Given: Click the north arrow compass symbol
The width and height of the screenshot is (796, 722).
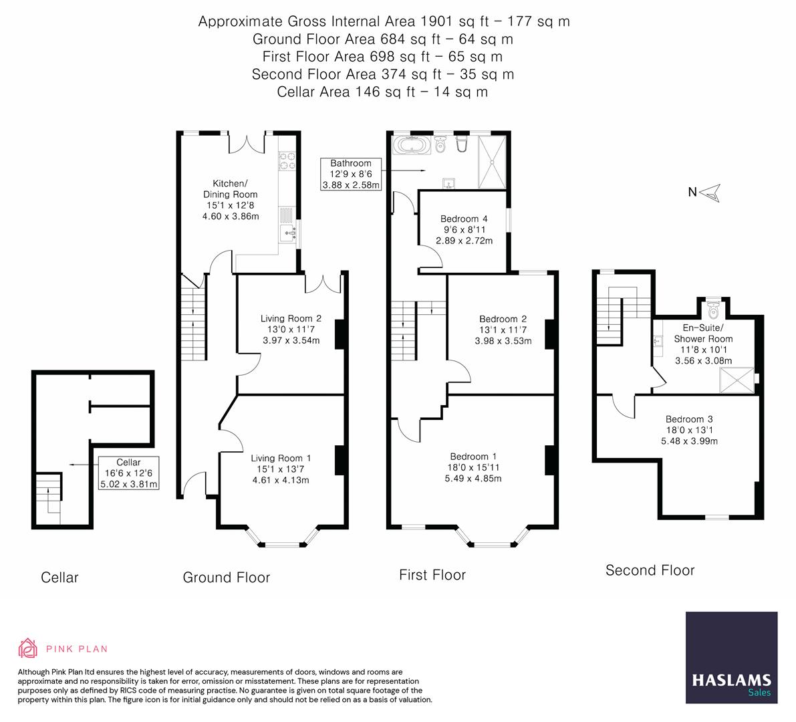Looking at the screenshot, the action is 710,193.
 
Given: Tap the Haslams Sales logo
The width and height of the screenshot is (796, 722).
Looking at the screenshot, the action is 731,657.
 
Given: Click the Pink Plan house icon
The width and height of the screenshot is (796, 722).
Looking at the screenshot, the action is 28,648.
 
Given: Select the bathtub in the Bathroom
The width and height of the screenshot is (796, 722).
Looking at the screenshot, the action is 412,145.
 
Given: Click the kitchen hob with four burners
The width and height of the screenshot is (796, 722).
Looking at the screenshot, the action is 287,161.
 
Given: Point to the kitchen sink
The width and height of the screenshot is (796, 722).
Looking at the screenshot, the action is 288,233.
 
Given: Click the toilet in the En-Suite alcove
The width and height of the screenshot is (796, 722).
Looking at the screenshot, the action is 714,308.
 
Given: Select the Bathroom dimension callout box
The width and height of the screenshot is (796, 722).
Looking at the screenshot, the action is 351,174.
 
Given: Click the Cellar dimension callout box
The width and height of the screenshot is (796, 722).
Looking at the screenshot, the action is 128,473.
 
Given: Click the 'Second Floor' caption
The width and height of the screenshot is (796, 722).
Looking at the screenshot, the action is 650,570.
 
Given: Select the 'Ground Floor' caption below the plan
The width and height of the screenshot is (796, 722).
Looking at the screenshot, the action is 227,578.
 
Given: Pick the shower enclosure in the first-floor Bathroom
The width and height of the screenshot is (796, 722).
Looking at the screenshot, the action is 493,162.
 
